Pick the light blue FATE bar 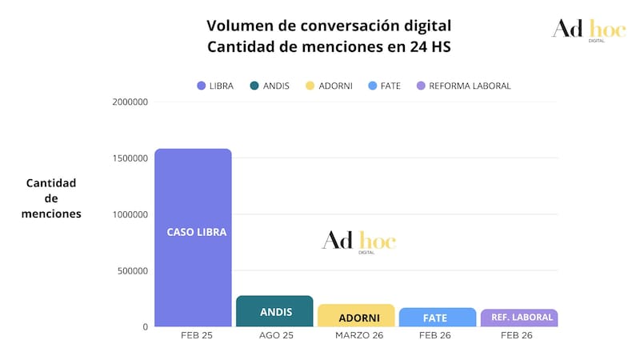(x=437, y=317)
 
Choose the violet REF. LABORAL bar (x=518, y=318)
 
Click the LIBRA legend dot (x=201, y=86)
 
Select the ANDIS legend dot (x=254, y=86)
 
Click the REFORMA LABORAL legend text (x=470, y=86)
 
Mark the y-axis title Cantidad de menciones (x=51, y=198)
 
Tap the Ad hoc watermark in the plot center (x=359, y=241)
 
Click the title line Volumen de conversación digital (x=329, y=26)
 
